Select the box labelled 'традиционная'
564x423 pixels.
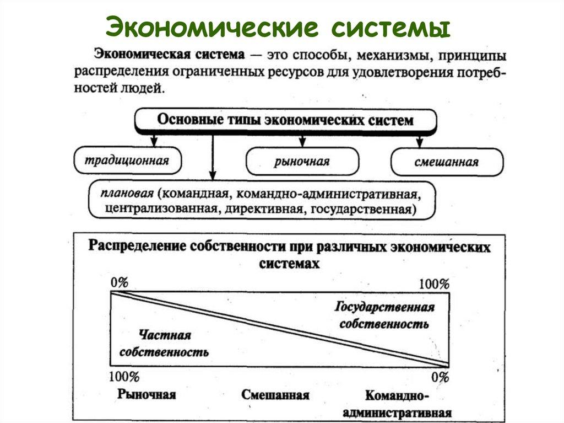pyautogui.click(x=127, y=160)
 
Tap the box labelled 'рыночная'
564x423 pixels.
pyautogui.click(x=302, y=162)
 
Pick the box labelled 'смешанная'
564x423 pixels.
pyautogui.click(x=447, y=162)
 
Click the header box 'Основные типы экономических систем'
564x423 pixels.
pyautogui.click(x=285, y=120)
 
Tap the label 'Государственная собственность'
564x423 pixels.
pyautogui.click(x=384, y=315)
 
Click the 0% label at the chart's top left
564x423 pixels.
pyautogui.click(x=120, y=283)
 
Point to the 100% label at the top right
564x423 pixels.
pyautogui.click(x=434, y=285)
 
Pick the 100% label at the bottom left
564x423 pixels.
pyautogui.click(x=124, y=377)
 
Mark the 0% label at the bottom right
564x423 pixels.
pyautogui.click(x=440, y=378)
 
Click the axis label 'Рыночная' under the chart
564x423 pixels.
pyautogui.click(x=147, y=395)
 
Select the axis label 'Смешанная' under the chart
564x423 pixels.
pyautogui.click(x=275, y=395)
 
